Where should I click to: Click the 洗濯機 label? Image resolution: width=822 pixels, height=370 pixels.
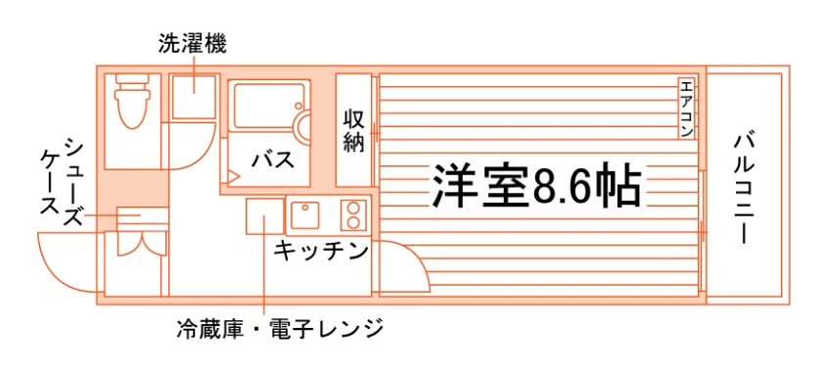pos(193,45)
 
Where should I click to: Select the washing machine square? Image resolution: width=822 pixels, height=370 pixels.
pos(194,97)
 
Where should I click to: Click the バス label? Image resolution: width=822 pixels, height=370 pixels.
pos(272,159)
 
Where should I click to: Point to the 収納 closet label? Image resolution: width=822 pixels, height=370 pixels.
pos(354,131)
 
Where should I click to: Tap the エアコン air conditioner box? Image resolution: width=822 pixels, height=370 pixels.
pos(686,109)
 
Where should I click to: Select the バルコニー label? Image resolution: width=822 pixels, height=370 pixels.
pos(744,190)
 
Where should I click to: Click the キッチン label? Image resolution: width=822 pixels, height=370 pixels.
pos(320,251)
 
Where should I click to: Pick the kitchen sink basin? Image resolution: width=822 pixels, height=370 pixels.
pos(305,214)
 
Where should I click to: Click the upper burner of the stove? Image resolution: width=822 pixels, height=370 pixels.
pos(353,208)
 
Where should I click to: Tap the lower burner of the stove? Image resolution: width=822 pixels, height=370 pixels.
pos(353,222)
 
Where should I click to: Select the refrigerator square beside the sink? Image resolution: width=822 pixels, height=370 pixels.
pos(265,215)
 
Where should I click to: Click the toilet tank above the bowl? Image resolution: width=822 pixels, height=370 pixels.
pos(132,79)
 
